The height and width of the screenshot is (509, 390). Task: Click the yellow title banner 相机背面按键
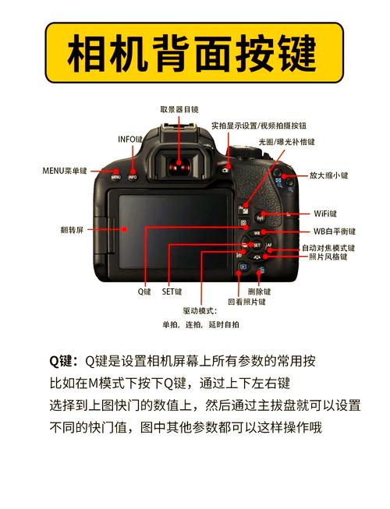(x=194, y=53)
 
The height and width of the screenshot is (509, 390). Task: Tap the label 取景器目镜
(x=179, y=110)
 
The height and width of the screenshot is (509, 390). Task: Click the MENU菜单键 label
(x=65, y=170)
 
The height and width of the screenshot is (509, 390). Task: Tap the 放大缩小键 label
(x=329, y=175)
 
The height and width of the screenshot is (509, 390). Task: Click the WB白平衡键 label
(x=334, y=232)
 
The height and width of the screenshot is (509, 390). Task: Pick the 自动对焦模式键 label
(x=328, y=248)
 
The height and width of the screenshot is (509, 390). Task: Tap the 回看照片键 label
(x=246, y=302)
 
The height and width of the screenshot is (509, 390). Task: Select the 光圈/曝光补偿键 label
(x=287, y=142)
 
